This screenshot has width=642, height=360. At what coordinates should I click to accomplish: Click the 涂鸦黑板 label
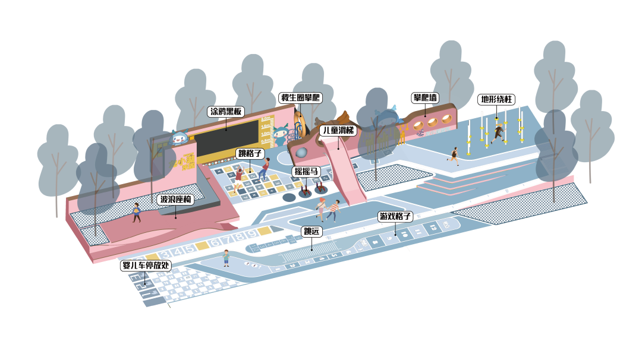coord(226,111)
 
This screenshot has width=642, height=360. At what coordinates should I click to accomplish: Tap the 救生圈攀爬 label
coord(300,97)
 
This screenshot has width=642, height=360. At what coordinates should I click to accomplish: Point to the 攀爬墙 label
coord(426,97)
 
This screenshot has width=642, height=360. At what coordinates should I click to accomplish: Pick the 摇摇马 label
coord(307,172)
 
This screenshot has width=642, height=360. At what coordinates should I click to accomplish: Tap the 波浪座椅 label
coord(176,200)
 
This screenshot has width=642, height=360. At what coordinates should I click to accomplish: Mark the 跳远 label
coord(311,232)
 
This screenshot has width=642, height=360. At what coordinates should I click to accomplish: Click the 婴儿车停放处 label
coord(146,266)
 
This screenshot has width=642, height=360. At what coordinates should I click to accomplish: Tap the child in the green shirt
coord(226,257)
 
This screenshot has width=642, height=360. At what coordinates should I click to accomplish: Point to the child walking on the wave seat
coord(137,211)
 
